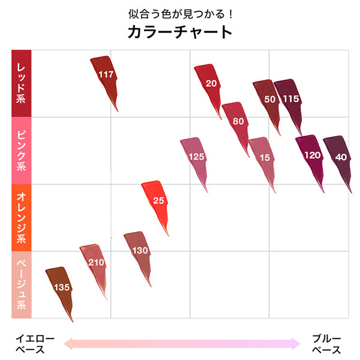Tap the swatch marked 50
pos(269,99)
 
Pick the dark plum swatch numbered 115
pos(290,98)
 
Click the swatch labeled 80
pos(238,121)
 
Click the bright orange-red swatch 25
pos(157,200)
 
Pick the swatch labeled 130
pos(139,250)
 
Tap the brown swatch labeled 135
pos(61,287)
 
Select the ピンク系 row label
pos(21,150)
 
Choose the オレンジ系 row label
pos(21,217)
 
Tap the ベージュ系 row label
pos(21,284)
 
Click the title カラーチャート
pos(179,32)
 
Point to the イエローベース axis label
pos(34,344)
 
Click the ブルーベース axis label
pos(326,344)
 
